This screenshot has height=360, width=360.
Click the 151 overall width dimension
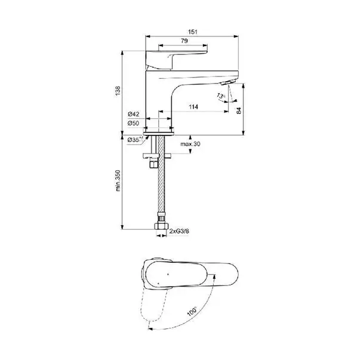pos(192,32)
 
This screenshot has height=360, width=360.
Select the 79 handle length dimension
pos(184,41)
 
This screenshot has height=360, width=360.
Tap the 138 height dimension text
pos(118,91)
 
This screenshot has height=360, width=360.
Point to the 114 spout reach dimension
pos(193,107)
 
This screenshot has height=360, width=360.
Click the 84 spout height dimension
pos(239,110)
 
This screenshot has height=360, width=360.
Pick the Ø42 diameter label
pos(133,114)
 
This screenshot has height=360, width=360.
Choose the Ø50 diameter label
pos(133,124)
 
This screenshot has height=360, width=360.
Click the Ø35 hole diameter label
pos(136,139)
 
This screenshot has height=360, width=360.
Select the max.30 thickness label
pos(190,144)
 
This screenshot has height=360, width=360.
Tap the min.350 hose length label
pos(118,180)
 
